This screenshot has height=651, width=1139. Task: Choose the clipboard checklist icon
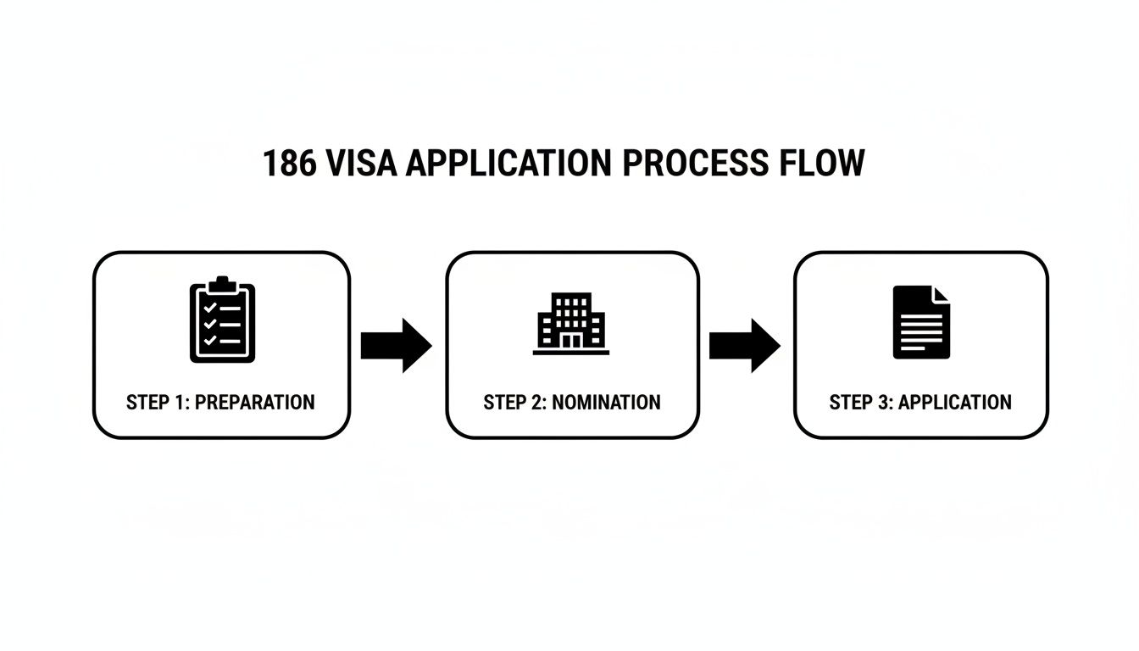pos(222,320)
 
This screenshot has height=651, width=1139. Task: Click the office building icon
pos(571,323)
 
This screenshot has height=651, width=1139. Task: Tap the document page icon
pos(921,322)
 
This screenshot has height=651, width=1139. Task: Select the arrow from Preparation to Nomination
pos(397,345)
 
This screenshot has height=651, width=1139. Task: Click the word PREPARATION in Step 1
pos(254,403)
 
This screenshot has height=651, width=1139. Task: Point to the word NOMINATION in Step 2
pos(606,403)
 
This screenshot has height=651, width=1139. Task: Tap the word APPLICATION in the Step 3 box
pos(954,403)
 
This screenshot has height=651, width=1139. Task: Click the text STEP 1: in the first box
pos(158,403)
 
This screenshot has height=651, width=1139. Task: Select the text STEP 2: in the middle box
pos(514,403)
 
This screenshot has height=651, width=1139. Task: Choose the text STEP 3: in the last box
pos(860,403)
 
